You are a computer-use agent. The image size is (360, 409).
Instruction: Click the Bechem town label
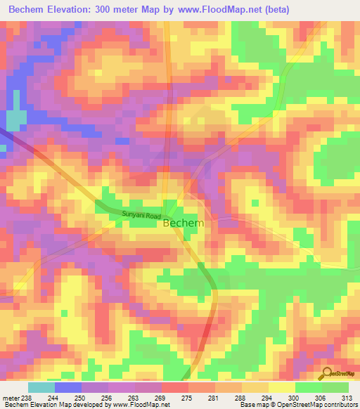coord(184,223)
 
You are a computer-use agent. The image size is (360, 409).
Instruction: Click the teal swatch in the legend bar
coord(41,387)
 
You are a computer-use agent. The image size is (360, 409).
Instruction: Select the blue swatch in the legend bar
coord(68,387)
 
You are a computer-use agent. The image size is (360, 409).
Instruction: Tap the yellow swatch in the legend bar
coord(282,387)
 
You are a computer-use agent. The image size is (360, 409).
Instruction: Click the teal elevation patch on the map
coord(13,121)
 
